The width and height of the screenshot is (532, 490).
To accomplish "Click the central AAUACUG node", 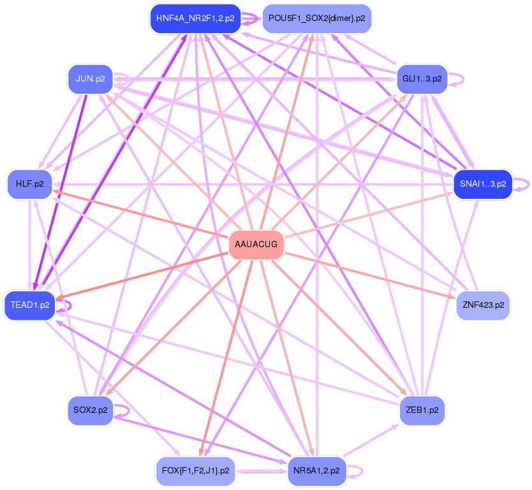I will click(x=256, y=245).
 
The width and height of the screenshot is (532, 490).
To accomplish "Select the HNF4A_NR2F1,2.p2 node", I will click(x=195, y=18).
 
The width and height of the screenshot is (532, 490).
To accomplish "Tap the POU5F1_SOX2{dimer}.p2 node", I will click(x=316, y=18).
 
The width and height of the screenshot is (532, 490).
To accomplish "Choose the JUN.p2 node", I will click(x=90, y=80).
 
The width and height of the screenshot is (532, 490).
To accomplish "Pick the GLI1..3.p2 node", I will click(x=422, y=79).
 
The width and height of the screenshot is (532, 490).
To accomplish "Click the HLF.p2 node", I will click(x=29, y=184).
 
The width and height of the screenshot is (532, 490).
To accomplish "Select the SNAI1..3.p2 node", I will click(x=483, y=184).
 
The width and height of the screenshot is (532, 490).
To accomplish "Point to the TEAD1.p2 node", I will click(x=30, y=305).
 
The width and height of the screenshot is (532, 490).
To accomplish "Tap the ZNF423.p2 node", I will click(x=483, y=305).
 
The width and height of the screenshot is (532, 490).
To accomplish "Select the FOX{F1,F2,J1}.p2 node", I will click(x=195, y=472).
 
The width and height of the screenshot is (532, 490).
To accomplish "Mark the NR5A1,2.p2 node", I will click(x=316, y=472).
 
